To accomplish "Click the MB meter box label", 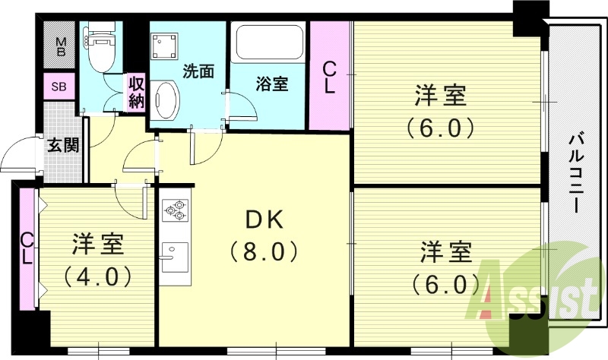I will [61, 47].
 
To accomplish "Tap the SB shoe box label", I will [59, 87].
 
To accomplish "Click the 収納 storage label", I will [136, 92].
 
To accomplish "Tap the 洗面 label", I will [198, 71].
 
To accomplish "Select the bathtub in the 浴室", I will [269, 46].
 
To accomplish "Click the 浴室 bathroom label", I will [270, 84].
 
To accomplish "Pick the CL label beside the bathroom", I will [329, 77].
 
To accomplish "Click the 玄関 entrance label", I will [63, 144].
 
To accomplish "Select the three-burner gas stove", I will [175, 210].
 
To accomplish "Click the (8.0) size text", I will [263, 250].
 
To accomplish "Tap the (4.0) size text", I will [97, 274].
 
